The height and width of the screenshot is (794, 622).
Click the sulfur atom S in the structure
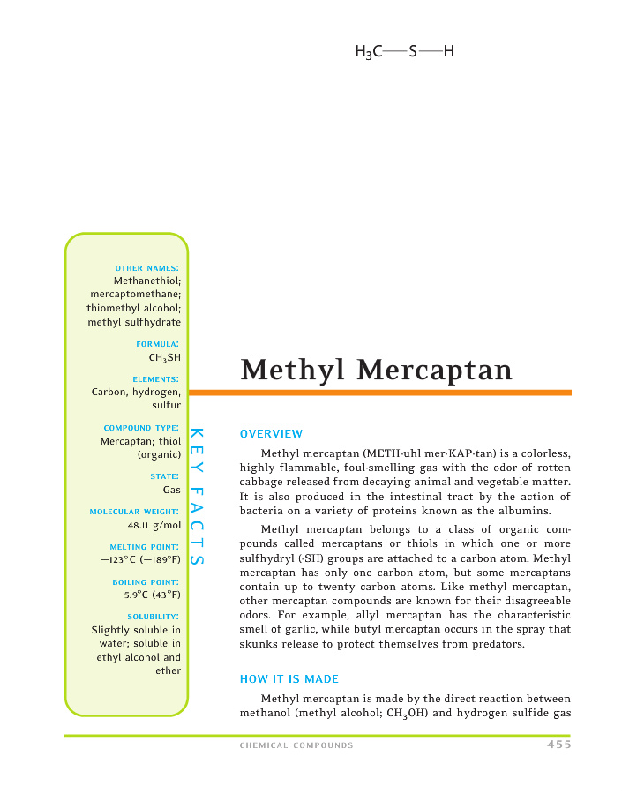(x=412, y=52)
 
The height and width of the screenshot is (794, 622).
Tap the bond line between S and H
(x=431, y=52)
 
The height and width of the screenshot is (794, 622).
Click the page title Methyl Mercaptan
(x=376, y=369)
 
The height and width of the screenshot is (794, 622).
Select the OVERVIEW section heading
(x=271, y=433)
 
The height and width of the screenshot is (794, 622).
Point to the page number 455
(x=558, y=745)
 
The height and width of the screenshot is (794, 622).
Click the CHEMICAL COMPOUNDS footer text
(x=296, y=745)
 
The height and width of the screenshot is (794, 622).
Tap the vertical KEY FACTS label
(x=198, y=498)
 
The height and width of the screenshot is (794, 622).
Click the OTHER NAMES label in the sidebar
(x=148, y=267)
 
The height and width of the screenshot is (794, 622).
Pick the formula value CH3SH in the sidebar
(x=165, y=357)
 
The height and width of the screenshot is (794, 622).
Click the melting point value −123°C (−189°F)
(x=141, y=560)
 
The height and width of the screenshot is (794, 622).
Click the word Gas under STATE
(x=172, y=490)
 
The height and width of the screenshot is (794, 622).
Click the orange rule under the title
(x=379, y=393)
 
